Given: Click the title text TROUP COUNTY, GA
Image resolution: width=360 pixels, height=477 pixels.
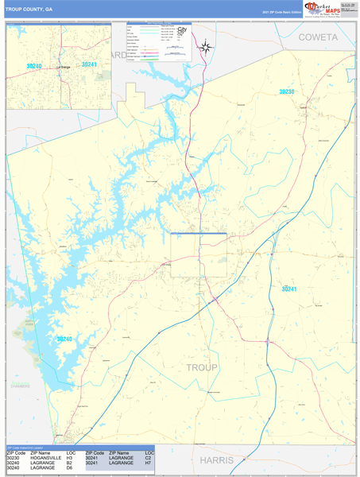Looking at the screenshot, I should pos(29,10).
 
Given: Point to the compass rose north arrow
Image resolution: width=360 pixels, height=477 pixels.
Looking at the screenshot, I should pos(205,46).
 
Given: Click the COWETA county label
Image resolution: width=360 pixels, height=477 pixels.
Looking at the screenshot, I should pos(318,37).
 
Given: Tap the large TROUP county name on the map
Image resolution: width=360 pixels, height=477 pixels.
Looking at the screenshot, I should pos(201,367).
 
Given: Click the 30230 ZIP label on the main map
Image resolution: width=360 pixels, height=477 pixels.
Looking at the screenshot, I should pos(286,92).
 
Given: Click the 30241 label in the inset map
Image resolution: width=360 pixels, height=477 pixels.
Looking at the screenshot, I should pos(89,64).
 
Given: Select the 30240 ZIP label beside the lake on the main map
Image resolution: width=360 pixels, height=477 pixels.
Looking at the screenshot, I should pos(64,339).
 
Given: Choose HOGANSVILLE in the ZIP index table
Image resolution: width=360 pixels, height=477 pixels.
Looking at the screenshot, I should pos(46,457).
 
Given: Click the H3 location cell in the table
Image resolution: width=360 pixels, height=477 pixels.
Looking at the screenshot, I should pos(70,457).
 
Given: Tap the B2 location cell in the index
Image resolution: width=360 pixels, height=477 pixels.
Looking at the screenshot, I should pos(70,463).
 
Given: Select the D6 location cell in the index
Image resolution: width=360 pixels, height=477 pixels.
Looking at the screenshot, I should pos(70,468).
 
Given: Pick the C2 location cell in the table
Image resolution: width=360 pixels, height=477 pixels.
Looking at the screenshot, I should pos(148,457).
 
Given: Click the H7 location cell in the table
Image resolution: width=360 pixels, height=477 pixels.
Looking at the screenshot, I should pos(148,463).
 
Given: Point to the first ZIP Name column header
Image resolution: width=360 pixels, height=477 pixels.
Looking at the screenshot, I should pos(40,452).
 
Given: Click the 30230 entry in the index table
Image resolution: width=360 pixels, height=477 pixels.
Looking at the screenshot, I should pos(13,457).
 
